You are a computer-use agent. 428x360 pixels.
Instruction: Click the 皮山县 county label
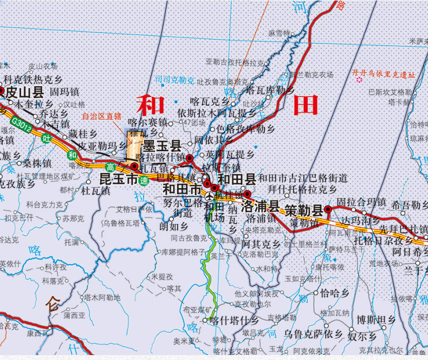[x=24, y=92]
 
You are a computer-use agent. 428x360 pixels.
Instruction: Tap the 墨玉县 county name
[x=162, y=146]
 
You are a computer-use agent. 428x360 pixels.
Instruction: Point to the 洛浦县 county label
[x=260, y=206]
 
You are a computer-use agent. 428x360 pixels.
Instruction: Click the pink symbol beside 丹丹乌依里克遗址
[x=359, y=80]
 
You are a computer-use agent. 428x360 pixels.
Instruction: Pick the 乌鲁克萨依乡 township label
[x=314, y=333]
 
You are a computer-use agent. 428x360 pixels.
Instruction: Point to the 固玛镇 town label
[x=64, y=92]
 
